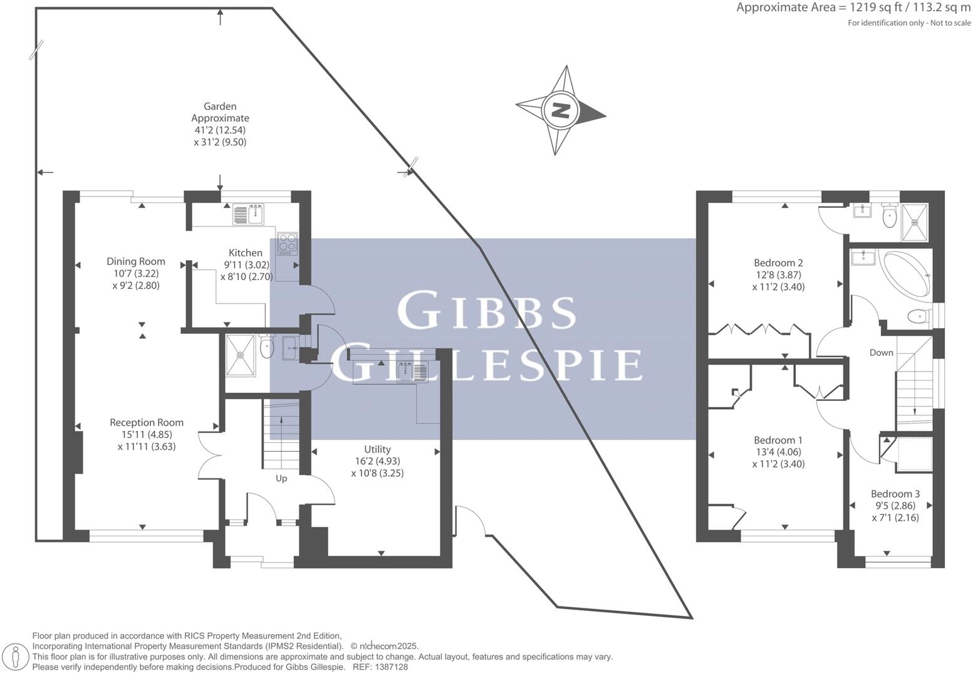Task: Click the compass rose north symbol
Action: point(560,111)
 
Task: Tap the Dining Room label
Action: point(136,261)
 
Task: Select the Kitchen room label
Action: point(245,253)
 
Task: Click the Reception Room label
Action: point(147,422)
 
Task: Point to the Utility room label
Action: point(377,449)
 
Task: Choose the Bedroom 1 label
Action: point(778,440)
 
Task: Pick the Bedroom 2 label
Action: point(778,263)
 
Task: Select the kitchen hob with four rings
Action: point(288,242)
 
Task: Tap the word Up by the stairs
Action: point(281,479)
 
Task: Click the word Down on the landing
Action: point(881,353)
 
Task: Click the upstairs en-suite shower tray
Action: point(914,222)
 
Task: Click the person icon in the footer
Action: point(16,657)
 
